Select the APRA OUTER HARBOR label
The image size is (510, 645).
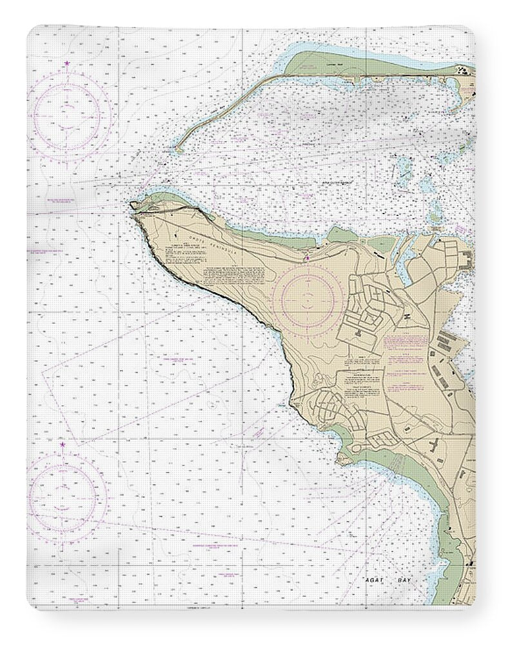coord(339,183)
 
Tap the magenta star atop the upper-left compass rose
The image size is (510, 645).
coord(67,63)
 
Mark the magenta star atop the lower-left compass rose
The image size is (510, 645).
coord(63,444)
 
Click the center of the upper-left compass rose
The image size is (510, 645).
coord(67,117)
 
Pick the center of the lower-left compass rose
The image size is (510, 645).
coord(63,497)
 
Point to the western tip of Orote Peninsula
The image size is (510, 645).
coord(133,206)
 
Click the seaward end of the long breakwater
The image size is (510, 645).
coord(176,149)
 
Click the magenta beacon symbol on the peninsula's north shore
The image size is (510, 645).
coord(308,259)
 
